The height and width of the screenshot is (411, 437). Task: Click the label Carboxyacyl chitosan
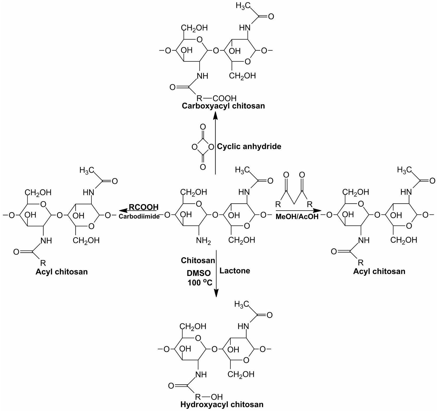coord(223,106)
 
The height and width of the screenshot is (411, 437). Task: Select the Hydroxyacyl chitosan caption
coord(222,405)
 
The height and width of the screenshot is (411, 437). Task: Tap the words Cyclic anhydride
coord(249,146)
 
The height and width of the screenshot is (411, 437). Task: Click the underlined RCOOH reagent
coord(143,207)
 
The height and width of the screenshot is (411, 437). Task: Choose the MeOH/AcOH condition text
coord(297,216)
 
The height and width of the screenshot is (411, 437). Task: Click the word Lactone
coord(235,271)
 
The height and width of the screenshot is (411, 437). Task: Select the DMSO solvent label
coord(199,273)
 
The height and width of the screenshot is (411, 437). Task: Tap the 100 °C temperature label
coord(200,282)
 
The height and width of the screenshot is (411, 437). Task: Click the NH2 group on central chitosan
coord(203,241)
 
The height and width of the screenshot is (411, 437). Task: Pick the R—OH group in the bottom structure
coord(209,397)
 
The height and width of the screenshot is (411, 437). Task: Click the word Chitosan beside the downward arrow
coord(198,261)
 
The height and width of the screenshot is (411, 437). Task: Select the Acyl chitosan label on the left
coord(62,272)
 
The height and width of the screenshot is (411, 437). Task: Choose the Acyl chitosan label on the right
coord(379,271)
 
